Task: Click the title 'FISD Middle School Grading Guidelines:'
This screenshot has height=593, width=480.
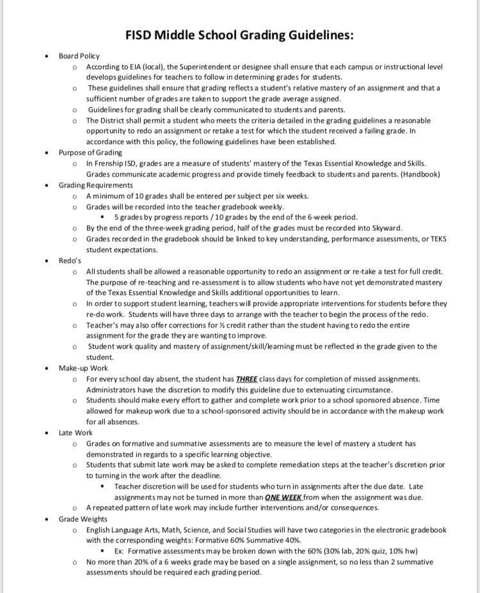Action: tap(239, 35)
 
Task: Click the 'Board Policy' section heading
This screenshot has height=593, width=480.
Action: tap(79, 56)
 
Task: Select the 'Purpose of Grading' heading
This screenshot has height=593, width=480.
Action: tap(90, 153)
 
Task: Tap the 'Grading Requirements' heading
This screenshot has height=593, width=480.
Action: tap(95, 186)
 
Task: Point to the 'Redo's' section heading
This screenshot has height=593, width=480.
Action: tap(70, 261)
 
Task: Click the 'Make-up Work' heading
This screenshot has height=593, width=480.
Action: tap(83, 368)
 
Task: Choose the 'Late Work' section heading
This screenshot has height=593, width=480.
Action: tap(75, 433)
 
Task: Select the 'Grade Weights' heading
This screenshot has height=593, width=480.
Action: tap(83, 519)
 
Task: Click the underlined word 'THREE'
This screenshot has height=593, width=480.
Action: tap(246, 379)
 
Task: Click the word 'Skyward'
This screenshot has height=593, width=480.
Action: tap(387, 228)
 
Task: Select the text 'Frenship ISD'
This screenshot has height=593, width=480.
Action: tap(116, 164)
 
